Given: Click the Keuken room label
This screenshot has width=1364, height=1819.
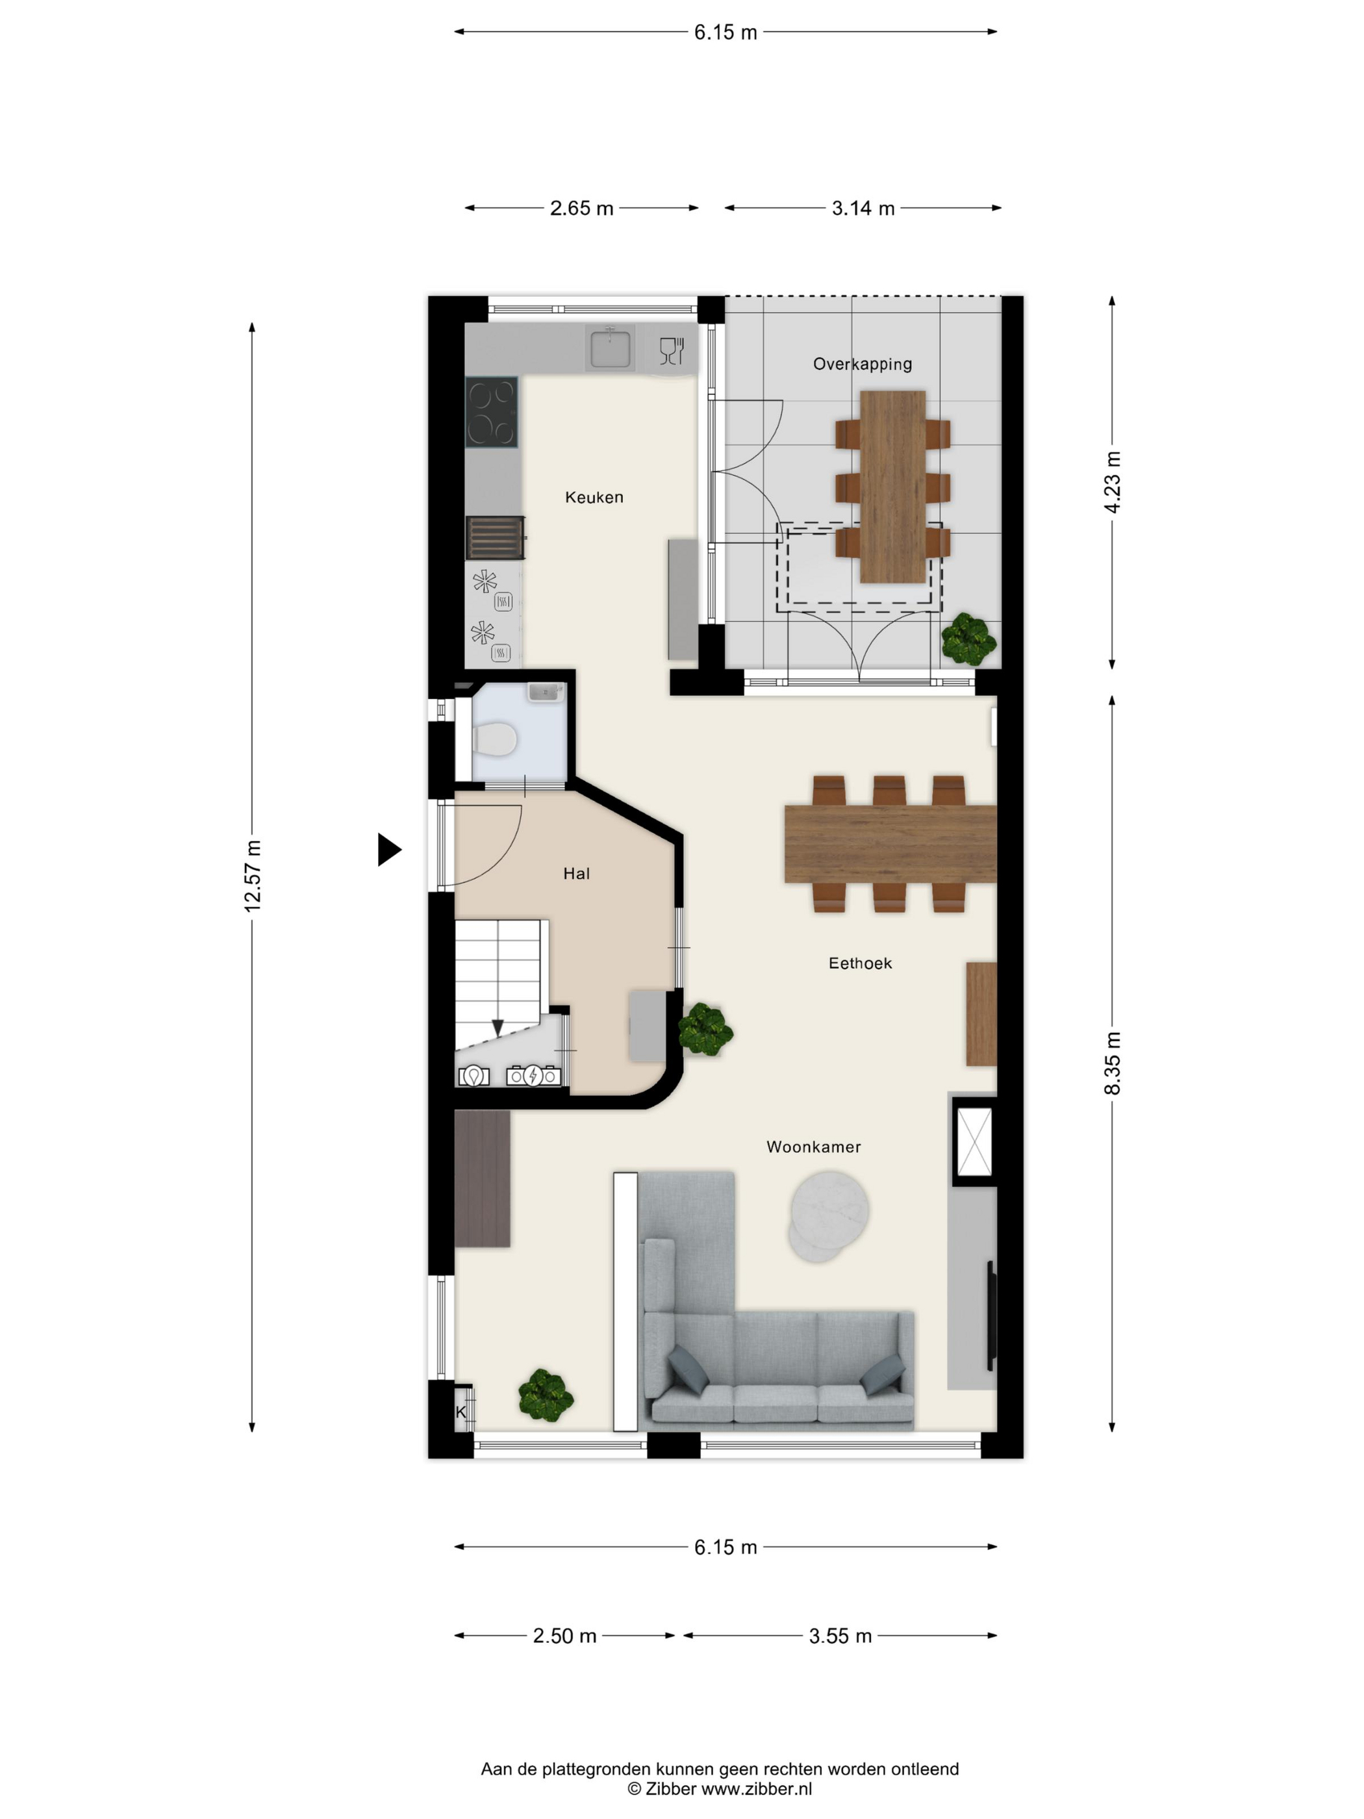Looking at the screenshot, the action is (594, 497).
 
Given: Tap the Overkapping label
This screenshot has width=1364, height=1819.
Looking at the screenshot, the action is (862, 363).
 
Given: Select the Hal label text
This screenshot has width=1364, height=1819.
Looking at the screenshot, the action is (575, 873).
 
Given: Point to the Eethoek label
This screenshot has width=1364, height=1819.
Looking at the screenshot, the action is (859, 963).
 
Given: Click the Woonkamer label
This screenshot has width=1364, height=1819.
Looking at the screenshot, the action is (813, 1147).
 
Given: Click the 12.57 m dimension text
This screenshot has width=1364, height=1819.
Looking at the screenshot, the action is (253, 875).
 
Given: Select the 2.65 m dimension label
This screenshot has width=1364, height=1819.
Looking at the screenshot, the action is (581, 208).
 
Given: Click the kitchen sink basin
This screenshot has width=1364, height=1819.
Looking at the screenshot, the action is (609, 347).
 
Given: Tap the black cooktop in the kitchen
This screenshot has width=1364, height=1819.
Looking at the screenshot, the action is (492, 412).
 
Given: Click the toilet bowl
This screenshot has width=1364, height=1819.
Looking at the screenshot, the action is (495, 739).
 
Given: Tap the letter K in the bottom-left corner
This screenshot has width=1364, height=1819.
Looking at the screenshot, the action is (461, 1412).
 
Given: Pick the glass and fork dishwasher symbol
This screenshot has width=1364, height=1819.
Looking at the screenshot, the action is (672, 351).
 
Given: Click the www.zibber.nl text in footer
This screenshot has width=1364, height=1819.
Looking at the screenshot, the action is (755, 1788).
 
